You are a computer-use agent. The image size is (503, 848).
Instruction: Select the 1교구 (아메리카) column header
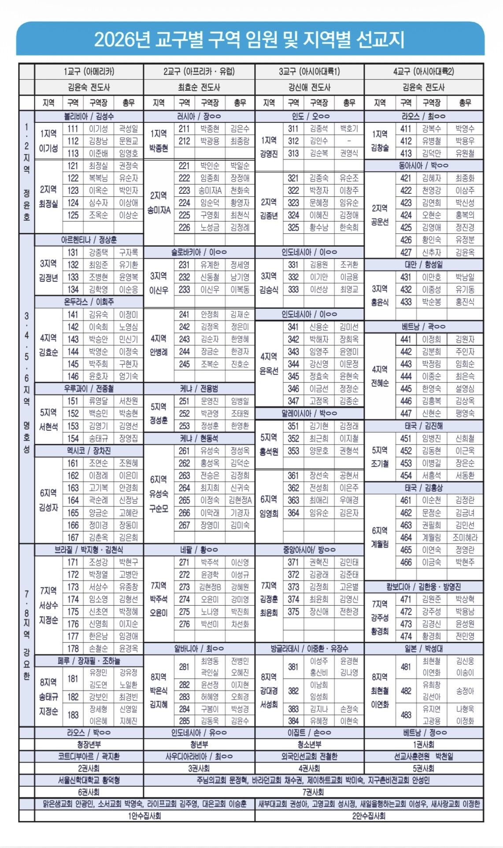click(89, 71)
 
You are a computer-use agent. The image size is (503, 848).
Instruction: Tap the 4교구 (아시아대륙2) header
click(423, 71)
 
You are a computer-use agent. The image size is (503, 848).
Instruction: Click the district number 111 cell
click(73, 129)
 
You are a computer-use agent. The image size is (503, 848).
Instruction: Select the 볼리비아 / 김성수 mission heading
click(89, 116)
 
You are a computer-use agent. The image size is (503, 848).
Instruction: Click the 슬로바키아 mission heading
click(199, 252)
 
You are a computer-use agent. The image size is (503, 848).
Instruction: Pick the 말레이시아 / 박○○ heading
click(309, 413)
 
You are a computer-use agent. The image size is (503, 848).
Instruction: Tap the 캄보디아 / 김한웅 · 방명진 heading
click(423, 587)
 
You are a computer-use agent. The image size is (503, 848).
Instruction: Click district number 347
click(293, 401)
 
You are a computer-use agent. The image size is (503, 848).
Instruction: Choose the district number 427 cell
click(406, 252)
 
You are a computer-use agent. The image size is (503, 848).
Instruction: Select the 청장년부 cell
click(89, 744)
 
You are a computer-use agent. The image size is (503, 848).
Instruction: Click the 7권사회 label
click(313, 792)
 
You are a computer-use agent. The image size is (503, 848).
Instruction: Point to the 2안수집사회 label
click(369, 816)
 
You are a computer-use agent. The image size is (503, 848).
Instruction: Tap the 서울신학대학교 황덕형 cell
click(89, 780)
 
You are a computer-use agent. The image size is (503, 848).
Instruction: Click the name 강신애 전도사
click(309, 87)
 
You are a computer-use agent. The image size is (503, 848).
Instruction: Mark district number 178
click(73, 648)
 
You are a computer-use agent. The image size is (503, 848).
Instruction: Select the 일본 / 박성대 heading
click(423, 648)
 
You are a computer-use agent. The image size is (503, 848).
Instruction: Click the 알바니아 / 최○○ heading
click(199, 648)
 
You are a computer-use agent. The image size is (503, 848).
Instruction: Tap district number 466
click(406, 562)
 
